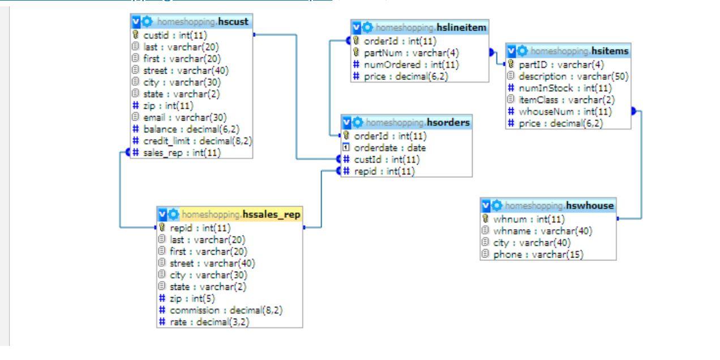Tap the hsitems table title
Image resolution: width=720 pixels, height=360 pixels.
coord(572,50)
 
